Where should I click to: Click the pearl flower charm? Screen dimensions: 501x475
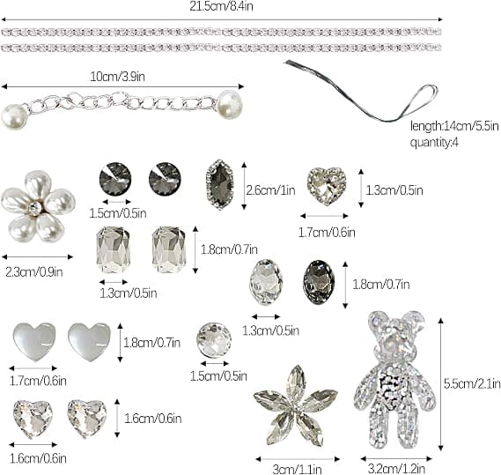click(x=39, y=206)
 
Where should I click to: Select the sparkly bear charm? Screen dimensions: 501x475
click(x=395, y=379)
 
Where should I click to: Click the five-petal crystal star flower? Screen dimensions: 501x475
click(x=296, y=406)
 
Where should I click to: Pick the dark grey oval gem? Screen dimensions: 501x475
click(x=319, y=282)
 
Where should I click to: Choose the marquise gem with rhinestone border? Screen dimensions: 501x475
click(x=220, y=184)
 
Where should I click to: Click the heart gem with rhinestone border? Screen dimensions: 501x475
click(x=327, y=185)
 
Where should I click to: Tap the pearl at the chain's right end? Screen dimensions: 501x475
click(x=230, y=105)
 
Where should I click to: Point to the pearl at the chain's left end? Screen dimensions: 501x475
click(x=14, y=116)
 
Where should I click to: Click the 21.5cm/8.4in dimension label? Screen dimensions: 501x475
click(x=221, y=6)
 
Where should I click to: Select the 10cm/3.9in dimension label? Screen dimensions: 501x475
click(x=117, y=77)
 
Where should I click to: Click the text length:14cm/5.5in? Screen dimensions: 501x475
click(x=454, y=126)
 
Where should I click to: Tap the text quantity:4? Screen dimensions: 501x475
click(x=434, y=142)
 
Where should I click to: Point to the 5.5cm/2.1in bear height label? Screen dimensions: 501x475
click(x=472, y=383)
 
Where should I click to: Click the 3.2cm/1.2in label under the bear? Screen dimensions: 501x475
click(x=396, y=469)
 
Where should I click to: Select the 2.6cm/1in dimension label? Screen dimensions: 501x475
click(x=270, y=190)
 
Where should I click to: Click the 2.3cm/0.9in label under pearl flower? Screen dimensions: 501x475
click(x=34, y=272)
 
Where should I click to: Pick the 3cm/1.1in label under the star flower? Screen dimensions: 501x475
click(x=297, y=470)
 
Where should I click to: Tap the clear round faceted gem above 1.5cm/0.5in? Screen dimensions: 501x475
click(x=214, y=340)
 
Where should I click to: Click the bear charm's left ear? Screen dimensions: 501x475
click(x=378, y=321)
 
